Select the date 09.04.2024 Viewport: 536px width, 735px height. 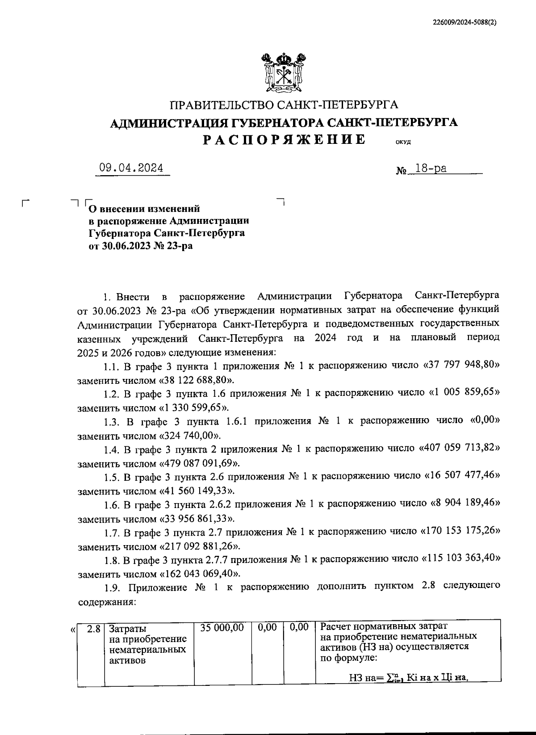pos(132,168)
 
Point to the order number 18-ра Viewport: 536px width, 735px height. pos(431,169)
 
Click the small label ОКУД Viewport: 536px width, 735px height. pos(403,143)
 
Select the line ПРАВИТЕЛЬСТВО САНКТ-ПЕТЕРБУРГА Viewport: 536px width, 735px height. pos(284,105)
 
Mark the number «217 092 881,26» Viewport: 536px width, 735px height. pos(199,546)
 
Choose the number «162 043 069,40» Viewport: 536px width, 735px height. pos(199,574)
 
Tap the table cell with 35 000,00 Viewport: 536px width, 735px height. pos(222,628)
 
